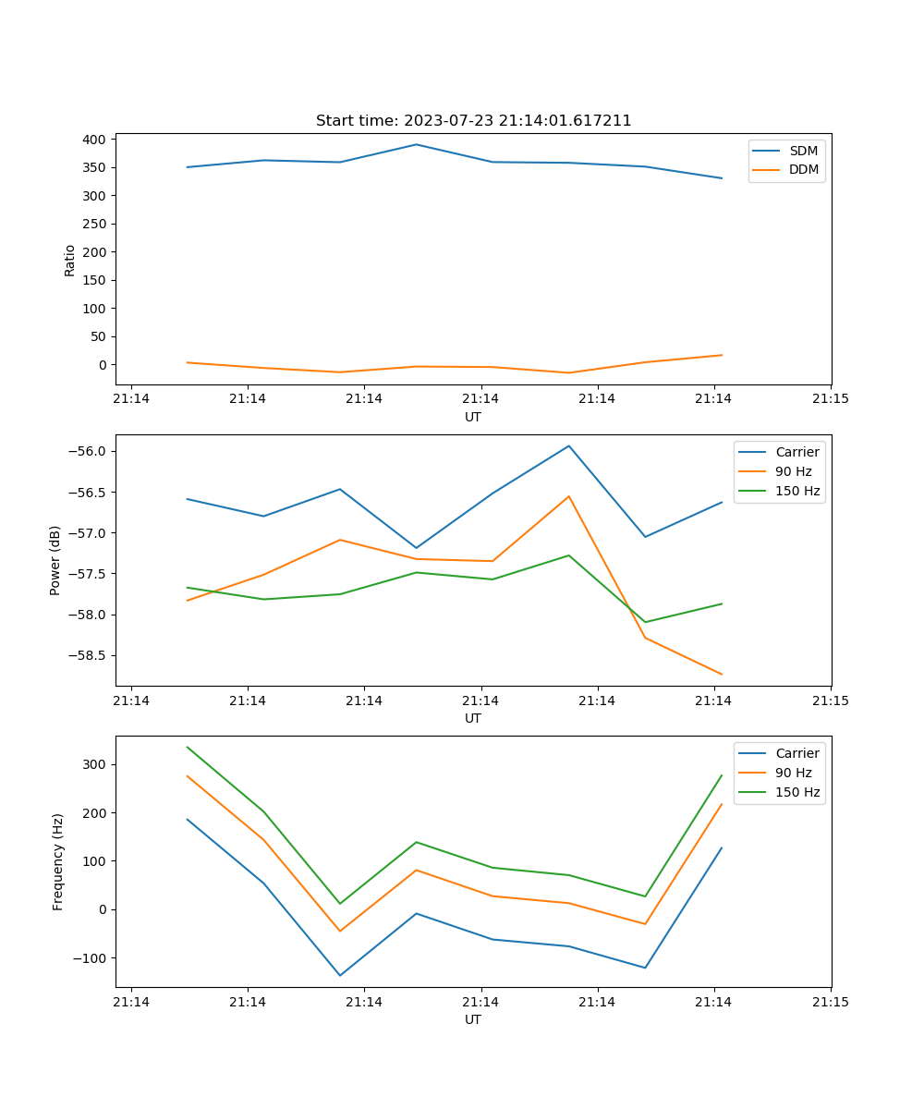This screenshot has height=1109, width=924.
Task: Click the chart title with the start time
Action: (473, 121)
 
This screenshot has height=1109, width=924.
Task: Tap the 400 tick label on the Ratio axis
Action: (94, 140)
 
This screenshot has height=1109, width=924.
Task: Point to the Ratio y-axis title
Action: (70, 261)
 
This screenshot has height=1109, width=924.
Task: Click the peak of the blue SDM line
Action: (416, 144)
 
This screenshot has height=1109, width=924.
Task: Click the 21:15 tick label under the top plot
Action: (830, 399)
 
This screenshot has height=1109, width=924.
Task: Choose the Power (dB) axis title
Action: (55, 560)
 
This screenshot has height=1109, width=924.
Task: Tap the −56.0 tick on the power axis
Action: (88, 451)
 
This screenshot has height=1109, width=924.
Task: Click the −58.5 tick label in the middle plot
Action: (88, 656)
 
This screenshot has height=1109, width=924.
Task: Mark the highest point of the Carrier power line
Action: (569, 445)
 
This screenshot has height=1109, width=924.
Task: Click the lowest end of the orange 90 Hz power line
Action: (722, 674)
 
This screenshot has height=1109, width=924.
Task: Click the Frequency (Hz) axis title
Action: (58, 861)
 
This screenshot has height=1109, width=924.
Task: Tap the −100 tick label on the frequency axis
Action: (91, 958)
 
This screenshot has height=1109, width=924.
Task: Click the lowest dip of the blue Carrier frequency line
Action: (340, 975)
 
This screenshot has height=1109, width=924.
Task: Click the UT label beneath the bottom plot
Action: (473, 1019)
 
